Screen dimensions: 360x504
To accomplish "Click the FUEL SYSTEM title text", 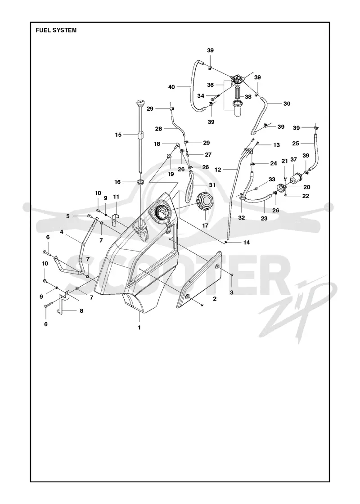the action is [56, 30].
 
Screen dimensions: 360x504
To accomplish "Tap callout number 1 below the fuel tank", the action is [139, 328].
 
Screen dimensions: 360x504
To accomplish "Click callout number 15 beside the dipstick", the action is [118, 135].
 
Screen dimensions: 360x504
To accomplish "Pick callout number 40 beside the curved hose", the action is [171, 87].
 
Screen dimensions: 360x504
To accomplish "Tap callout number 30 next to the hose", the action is [287, 103].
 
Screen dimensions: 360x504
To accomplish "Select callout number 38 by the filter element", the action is [248, 96].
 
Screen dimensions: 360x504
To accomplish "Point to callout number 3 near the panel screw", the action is [231, 292].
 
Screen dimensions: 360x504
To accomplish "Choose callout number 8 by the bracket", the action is [81, 311].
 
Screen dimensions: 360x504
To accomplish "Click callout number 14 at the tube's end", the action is [247, 243].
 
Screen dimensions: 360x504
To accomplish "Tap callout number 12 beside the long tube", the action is [218, 170].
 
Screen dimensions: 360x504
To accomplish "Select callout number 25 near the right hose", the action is [296, 144].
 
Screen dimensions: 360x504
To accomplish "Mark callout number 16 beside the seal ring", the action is [117, 182].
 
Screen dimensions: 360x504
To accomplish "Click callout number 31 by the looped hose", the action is [212, 185].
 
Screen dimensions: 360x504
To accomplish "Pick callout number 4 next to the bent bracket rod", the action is [61, 231].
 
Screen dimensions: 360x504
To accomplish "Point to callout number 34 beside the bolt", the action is [201, 96].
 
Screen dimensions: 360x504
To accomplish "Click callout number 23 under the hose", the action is [264, 218].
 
